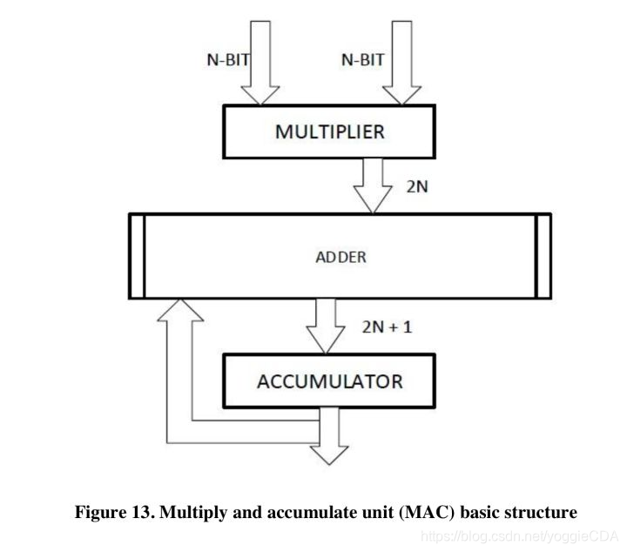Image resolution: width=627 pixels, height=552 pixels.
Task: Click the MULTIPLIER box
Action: [329, 132]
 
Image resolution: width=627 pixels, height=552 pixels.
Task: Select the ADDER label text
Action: [340, 258]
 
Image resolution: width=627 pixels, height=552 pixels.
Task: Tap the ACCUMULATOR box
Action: [329, 381]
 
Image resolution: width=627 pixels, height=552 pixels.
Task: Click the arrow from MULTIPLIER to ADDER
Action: [375, 185]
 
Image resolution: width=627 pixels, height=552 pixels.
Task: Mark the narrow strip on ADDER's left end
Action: [137, 256]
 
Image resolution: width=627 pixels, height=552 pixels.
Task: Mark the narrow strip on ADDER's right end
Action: [543, 256]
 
